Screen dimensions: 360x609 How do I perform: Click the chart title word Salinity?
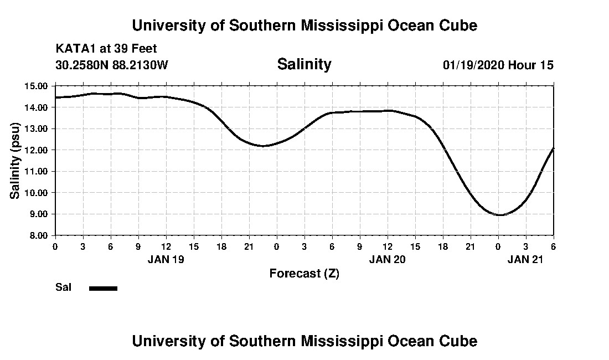pos(304,64)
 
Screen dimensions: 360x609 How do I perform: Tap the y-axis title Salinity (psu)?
pos(15,161)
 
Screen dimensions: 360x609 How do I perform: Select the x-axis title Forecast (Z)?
pos(304,273)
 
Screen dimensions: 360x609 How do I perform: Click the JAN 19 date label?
pos(166,259)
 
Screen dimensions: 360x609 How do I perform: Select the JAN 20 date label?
pos(388,259)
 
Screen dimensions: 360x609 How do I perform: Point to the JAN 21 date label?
pos(526,259)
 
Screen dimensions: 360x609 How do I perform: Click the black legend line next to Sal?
pos(104,288)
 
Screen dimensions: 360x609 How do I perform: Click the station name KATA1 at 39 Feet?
pos(106,49)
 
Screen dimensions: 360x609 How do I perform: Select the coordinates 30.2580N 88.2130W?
pos(111,65)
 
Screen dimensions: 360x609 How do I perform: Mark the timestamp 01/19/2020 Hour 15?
pos(498,65)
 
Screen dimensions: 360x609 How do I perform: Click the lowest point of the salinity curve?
pos(500,215)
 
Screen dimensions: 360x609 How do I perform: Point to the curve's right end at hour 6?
pos(553,148)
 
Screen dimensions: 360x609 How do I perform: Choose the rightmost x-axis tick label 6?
pos(553,246)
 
